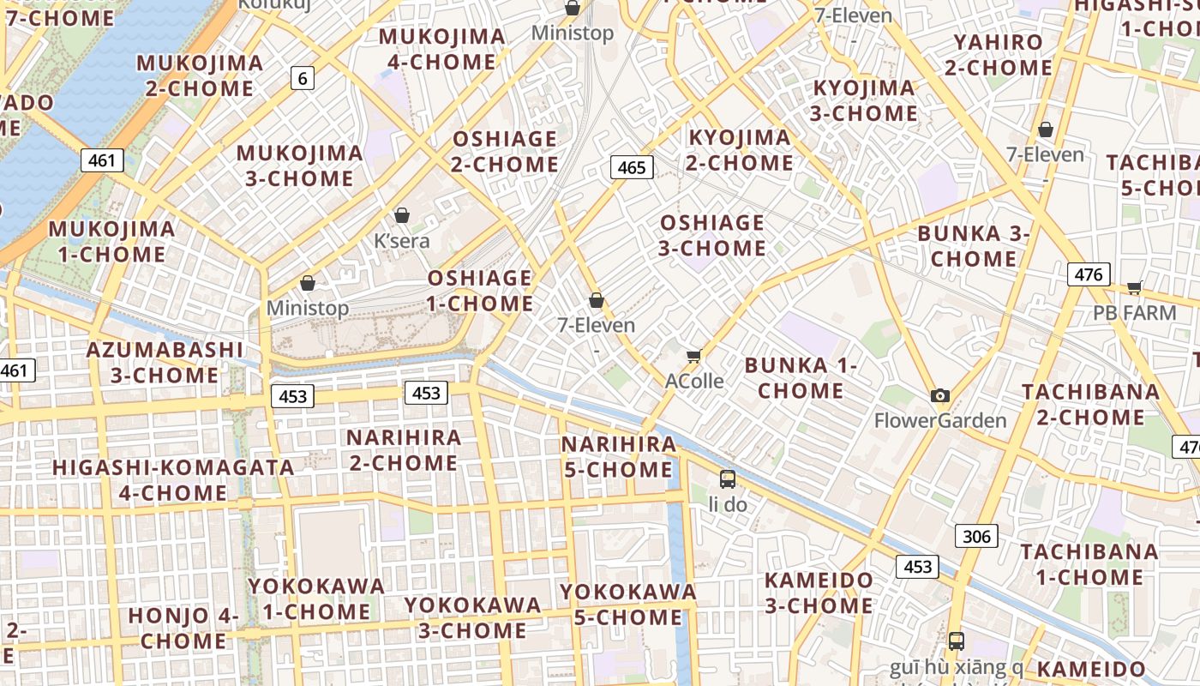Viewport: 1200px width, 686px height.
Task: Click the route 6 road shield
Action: [302, 78]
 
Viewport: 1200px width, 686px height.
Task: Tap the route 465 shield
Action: [632, 167]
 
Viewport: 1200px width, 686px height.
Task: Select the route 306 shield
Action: [976, 537]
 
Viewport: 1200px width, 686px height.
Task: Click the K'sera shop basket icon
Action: [402, 215]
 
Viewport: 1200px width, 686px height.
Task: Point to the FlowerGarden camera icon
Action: [940, 395]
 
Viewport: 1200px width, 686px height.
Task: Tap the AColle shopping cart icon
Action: [694, 356]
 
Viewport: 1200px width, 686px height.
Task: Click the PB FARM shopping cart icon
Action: [1135, 287]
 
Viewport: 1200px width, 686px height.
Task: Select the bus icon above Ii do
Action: [728, 479]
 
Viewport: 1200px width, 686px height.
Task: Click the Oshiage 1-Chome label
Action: [480, 291]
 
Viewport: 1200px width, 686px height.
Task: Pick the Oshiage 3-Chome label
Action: [712, 236]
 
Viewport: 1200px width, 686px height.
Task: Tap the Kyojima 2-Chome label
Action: [740, 150]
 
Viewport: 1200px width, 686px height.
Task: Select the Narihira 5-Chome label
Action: [618, 457]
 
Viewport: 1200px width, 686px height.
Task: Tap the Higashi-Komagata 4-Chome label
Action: [173, 480]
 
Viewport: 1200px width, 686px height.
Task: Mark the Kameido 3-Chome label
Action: [819, 593]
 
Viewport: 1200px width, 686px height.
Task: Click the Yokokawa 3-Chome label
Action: [472, 617]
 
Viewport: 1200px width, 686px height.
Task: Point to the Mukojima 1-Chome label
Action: [111, 242]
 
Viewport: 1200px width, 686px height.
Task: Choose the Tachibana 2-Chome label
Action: [1090, 405]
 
